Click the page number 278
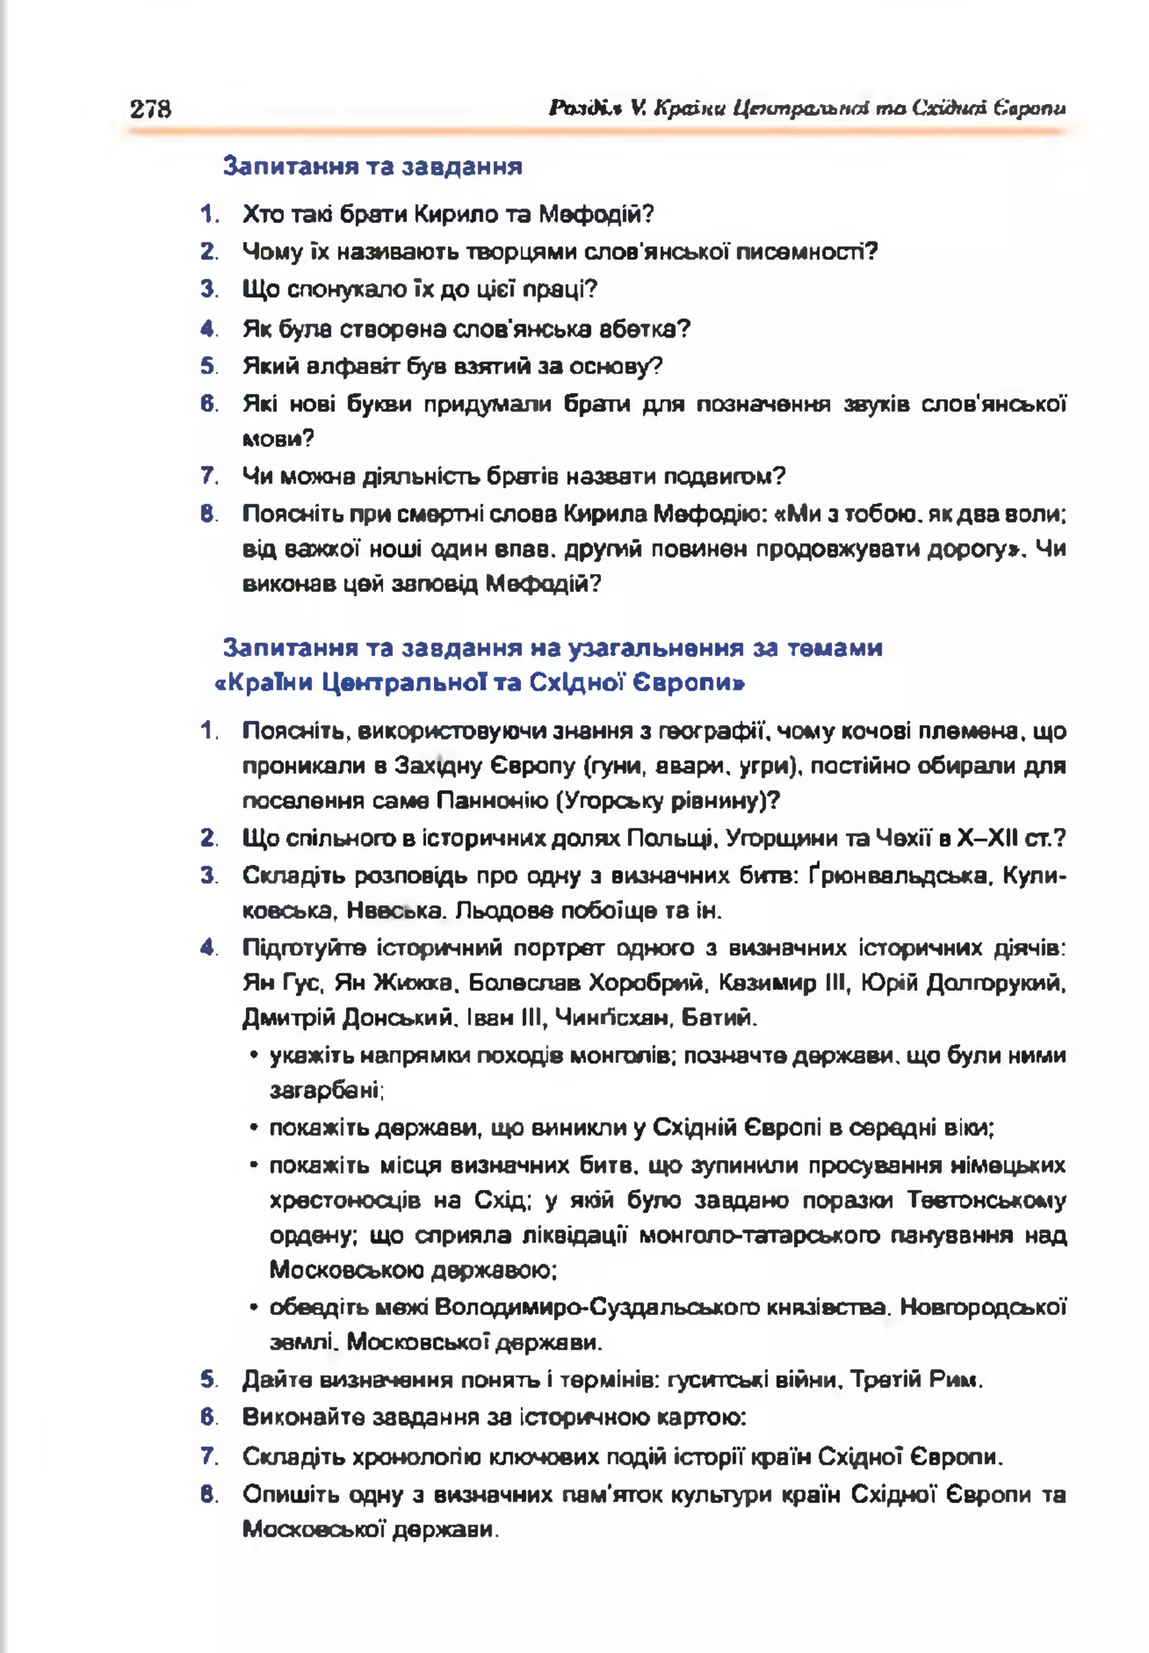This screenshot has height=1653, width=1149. point(150,109)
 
